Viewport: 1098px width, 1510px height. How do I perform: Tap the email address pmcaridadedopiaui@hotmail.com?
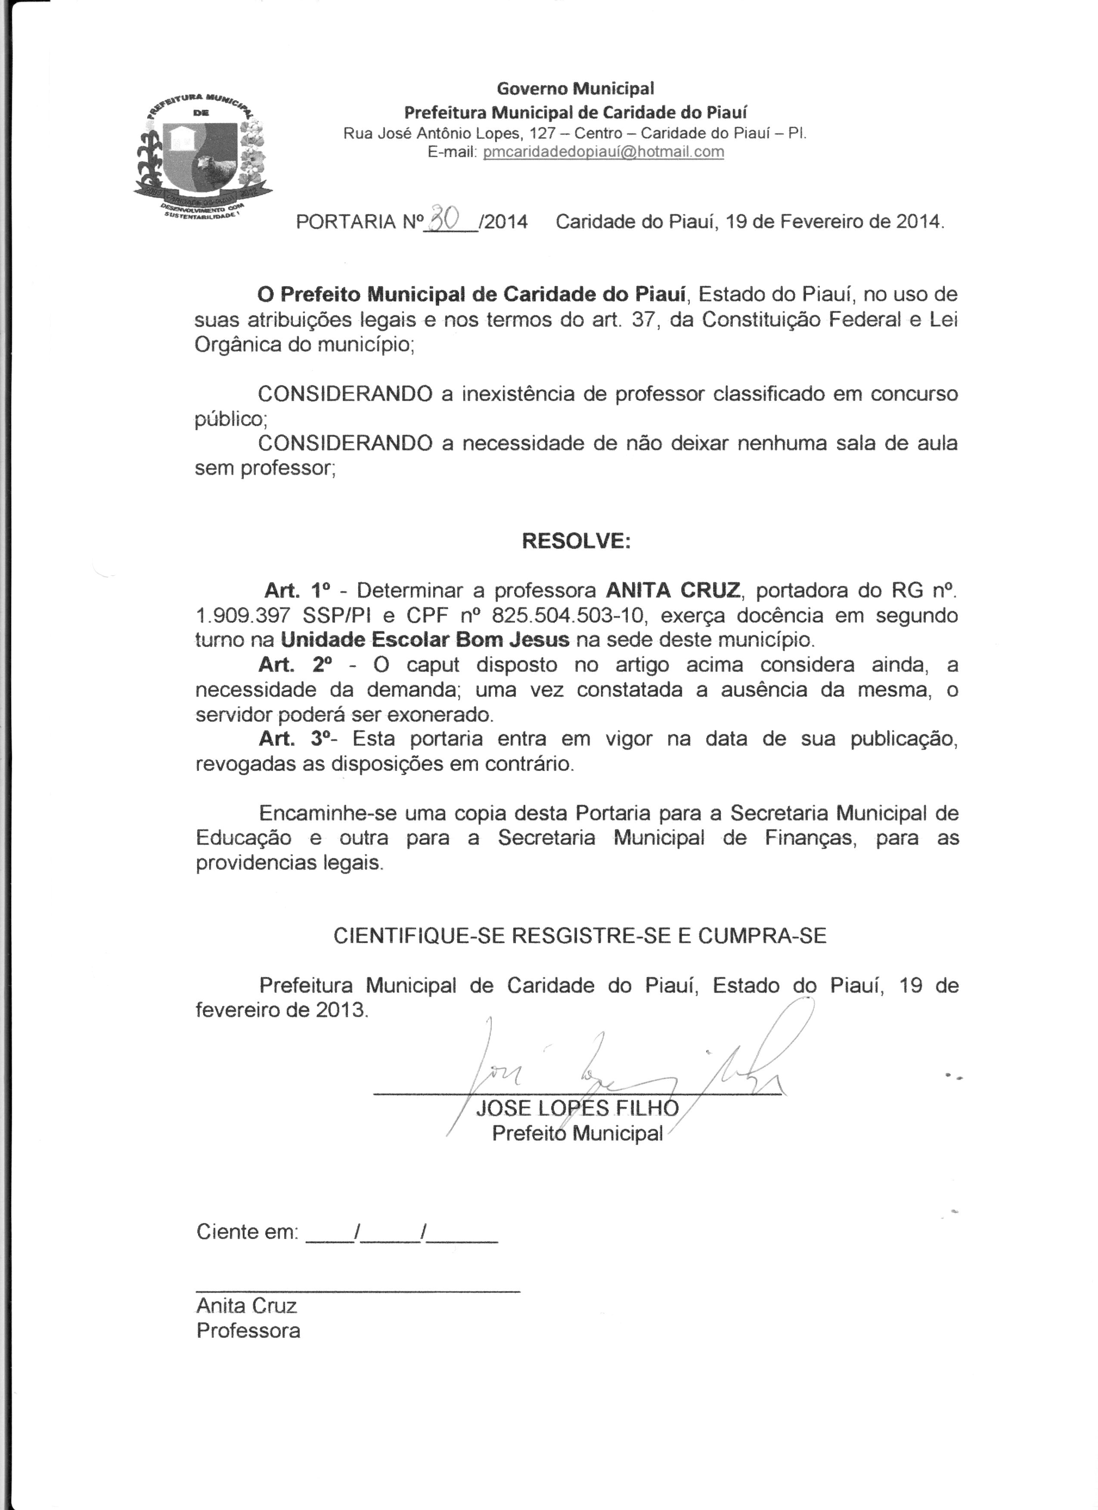pyautogui.click(x=603, y=152)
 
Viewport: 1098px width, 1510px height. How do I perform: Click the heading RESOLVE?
pyautogui.click(x=576, y=541)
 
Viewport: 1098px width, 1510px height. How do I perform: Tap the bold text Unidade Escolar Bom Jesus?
pyautogui.click(x=425, y=640)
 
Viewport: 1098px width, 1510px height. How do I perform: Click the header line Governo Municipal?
pyautogui.click(x=576, y=88)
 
